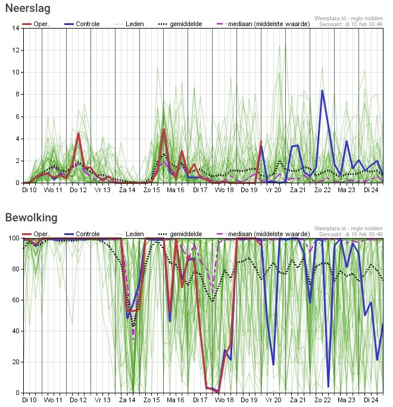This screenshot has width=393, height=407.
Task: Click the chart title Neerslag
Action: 27,8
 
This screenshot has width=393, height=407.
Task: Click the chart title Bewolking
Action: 31,218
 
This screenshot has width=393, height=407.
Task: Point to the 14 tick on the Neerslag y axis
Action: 15,28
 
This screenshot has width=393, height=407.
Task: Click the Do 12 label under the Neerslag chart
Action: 78,190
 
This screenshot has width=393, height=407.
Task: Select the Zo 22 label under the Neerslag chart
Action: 322,190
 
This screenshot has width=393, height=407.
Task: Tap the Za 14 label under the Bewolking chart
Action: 127,400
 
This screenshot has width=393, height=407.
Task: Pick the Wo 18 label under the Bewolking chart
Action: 224,400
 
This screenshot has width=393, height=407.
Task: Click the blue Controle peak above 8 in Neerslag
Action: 322,90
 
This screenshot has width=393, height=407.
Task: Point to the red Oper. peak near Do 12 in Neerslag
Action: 78,134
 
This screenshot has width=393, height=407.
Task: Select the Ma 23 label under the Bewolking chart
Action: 347,400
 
